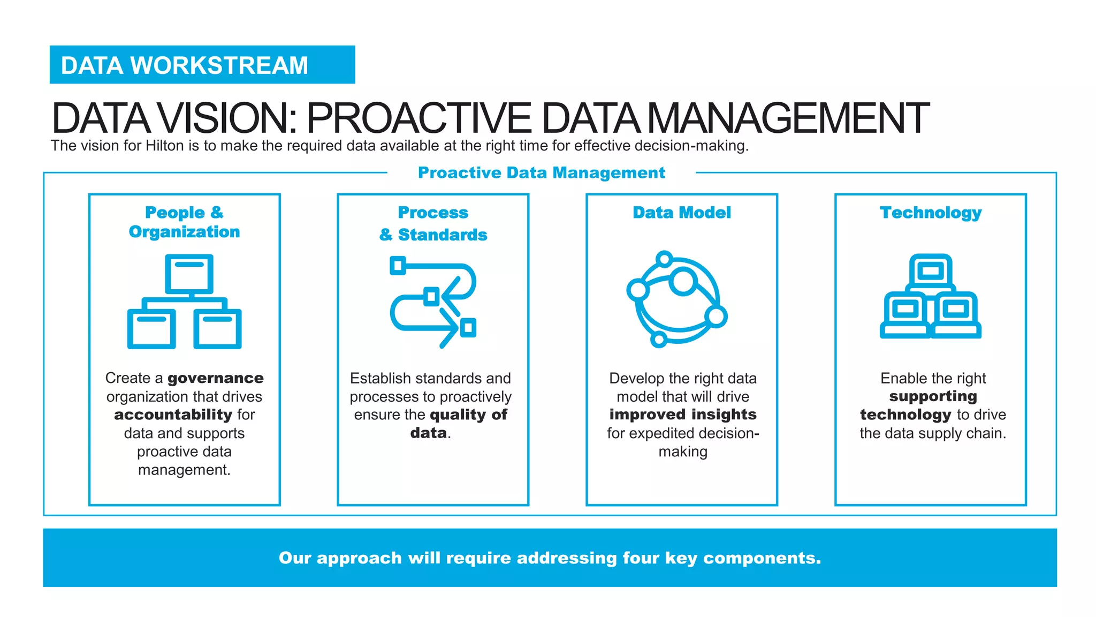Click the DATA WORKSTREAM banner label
(x=184, y=65)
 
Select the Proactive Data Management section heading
(x=541, y=172)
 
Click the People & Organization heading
(x=184, y=222)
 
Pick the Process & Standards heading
(x=433, y=223)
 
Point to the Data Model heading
(x=681, y=213)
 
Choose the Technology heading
(x=930, y=213)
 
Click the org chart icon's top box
(x=189, y=274)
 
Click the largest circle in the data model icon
(x=683, y=281)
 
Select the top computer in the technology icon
(x=930, y=271)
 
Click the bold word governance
(x=215, y=378)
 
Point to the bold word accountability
(x=173, y=415)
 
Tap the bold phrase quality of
(x=468, y=415)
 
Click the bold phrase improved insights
(x=682, y=415)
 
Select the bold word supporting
(x=933, y=396)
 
